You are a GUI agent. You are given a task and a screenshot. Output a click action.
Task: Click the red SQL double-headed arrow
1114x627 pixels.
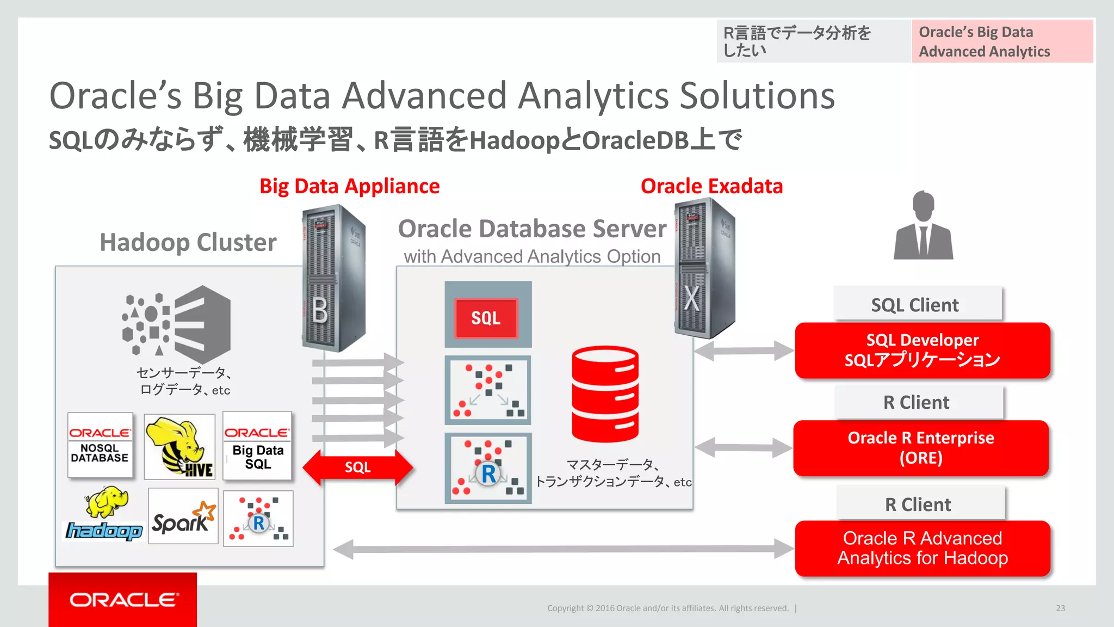[357, 467]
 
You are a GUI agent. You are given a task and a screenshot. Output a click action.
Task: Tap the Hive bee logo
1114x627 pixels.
[180, 446]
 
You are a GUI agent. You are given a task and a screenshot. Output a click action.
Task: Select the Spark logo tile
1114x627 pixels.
[183, 516]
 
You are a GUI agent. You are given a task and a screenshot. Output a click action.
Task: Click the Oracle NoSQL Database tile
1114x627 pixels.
[100, 445]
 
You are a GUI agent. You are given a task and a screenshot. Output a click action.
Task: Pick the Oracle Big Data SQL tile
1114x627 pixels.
[257, 446]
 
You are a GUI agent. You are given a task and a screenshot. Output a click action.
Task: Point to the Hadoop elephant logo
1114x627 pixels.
[104, 515]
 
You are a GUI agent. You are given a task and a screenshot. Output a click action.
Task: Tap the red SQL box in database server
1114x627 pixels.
[486, 318]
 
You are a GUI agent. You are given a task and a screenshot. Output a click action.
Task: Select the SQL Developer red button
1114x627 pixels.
[922, 350]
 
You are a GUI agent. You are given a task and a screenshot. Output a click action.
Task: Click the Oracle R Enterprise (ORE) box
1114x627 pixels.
[920, 448]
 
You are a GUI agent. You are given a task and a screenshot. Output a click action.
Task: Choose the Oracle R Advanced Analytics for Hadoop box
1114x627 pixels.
[922, 548]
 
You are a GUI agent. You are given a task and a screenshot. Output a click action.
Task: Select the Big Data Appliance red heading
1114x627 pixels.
[349, 186]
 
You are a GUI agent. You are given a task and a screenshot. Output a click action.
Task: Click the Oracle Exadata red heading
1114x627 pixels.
[711, 186]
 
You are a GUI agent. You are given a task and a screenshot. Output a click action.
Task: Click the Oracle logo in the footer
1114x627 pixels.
[123, 600]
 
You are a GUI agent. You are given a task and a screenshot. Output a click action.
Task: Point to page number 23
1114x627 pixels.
[1060, 608]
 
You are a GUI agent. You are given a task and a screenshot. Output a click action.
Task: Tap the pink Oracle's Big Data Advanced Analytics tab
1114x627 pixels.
[1002, 41]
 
